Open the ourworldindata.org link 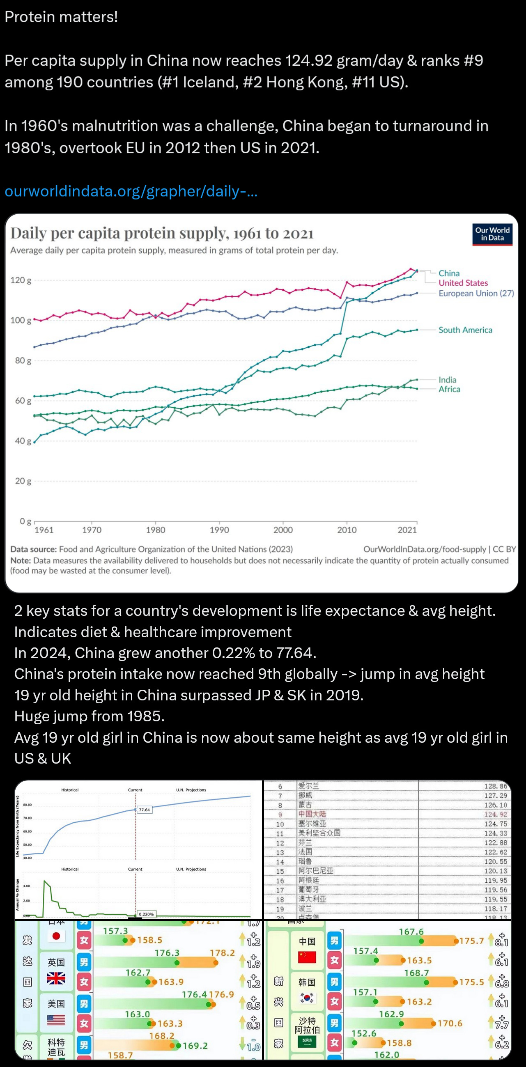click(x=131, y=191)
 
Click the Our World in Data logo click(x=492, y=234)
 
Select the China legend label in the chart click(x=449, y=273)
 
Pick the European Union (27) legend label click(x=476, y=293)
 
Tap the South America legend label click(x=465, y=330)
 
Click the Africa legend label click(x=449, y=389)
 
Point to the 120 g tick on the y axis click(x=21, y=280)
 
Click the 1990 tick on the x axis click(x=219, y=530)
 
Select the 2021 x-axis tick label click(x=407, y=530)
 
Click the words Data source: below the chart click(x=34, y=549)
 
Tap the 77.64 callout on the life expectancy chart click(x=144, y=810)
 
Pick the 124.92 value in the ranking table click(x=495, y=815)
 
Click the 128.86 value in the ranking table click(x=495, y=786)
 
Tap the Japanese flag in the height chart click(x=56, y=936)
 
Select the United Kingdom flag click(x=56, y=978)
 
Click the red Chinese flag click(x=307, y=957)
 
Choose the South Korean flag click(x=307, y=998)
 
